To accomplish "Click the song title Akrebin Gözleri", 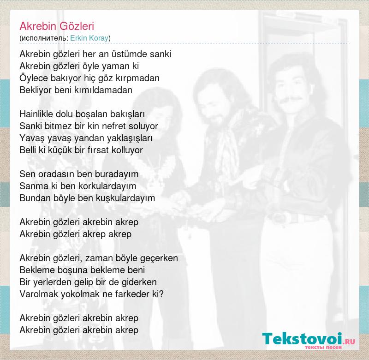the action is [57, 26].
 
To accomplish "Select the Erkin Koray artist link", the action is [89, 38].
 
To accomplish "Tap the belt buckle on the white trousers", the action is [280, 218].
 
